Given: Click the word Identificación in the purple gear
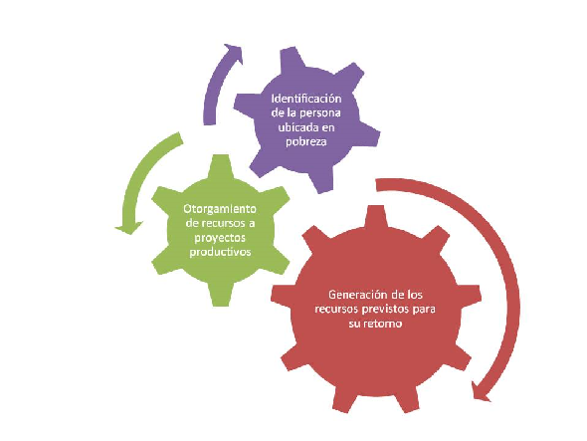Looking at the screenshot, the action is pos(306,99).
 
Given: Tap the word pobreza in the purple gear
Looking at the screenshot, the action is pos(306,142).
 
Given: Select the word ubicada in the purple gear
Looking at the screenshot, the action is pos(295,127).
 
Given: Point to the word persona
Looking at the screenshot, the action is pos(320,113).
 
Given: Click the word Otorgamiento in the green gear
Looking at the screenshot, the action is pos(220,209).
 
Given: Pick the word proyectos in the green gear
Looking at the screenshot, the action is pos(220,238).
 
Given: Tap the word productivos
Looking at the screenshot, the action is pos(220,252).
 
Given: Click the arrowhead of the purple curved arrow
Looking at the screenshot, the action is pos(234,54).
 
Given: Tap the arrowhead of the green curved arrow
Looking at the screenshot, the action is pos(128,227).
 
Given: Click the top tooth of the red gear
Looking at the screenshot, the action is pos(376,217).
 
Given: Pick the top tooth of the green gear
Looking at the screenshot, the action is pos(220,166).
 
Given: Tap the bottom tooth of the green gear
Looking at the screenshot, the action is pos(220,295).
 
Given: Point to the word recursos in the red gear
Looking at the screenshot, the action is pos(337,310).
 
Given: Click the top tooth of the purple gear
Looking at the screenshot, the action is pos(291,60).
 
